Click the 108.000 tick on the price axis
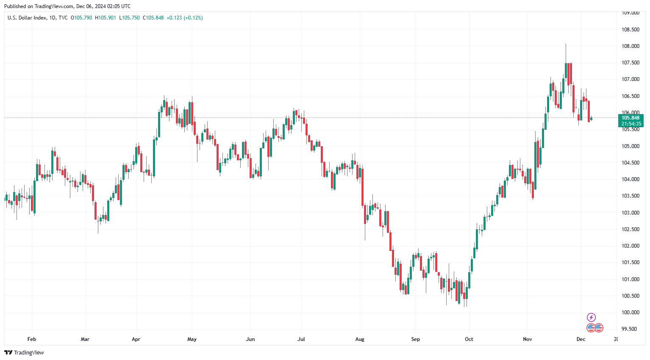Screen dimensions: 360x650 click(630, 46)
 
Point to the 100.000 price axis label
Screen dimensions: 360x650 click(630, 313)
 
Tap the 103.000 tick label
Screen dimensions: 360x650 click(630, 213)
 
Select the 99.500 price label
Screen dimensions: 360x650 click(630, 329)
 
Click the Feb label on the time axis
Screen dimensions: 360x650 click(32, 339)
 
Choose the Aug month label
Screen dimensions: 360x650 click(360, 339)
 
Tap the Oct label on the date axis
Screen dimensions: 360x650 click(469, 339)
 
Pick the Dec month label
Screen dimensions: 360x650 click(581, 339)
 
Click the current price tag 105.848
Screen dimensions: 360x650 click(630, 118)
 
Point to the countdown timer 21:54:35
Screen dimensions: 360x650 click(631, 124)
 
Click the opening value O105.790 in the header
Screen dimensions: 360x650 click(81, 18)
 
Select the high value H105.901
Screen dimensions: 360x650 click(106, 18)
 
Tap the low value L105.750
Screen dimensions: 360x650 click(129, 18)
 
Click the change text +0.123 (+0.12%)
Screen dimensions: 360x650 click(184, 18)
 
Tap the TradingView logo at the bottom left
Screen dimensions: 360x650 click(24, 352)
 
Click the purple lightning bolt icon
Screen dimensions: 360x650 click(591, 317)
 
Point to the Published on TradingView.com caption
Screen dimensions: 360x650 click(67, 6)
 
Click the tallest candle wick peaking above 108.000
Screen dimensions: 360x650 click(566, 47)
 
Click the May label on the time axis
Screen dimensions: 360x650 click(192, 339)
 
